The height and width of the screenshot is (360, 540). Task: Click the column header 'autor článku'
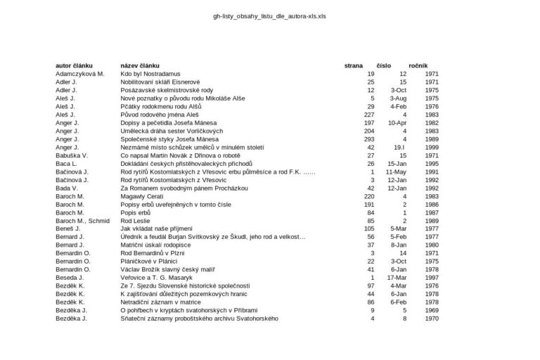[x=75, y=65]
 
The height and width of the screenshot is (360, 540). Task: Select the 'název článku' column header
[x=141, y=65]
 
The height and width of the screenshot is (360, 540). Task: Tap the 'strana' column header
[x=354, y=65]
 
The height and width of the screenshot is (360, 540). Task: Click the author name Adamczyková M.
[x=80, y=74]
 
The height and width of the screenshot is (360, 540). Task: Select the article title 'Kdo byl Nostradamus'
[x=150, y=74]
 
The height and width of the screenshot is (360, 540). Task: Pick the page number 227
[x=369, y=114]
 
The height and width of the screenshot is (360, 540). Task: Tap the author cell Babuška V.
[x=72, y=155]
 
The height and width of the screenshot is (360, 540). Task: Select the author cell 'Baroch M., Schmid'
[x=83, y=221]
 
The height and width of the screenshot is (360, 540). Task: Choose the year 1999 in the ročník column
[x=432, y=147]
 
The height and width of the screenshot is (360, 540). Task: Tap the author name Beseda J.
[x=70, y=278]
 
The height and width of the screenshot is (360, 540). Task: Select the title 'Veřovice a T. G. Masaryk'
[x=160, y=278]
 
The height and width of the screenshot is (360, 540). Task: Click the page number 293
[x=369, y=139]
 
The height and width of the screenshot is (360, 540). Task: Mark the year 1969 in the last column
[x=432, y=310]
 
